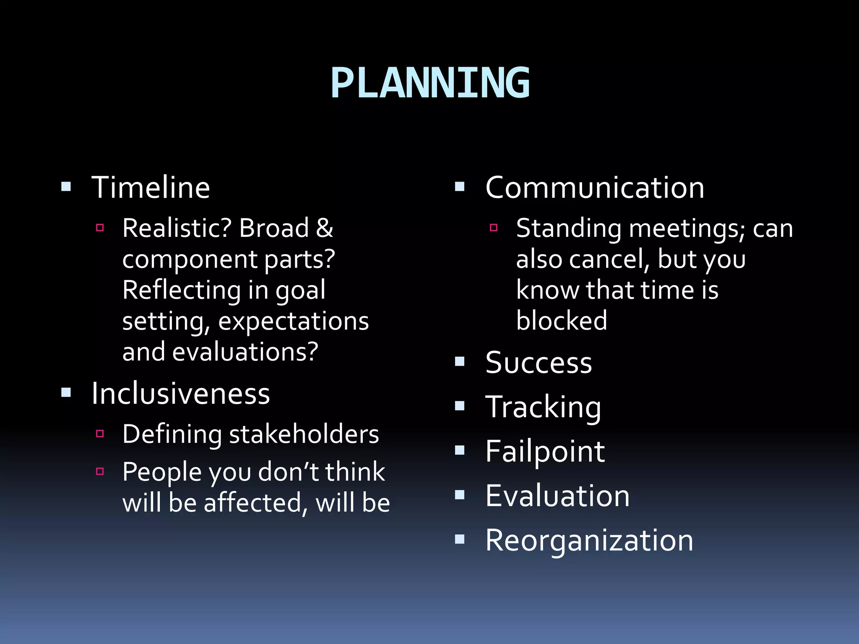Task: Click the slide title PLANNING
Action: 430,83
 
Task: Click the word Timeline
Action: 151,187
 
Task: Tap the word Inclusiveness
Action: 181,394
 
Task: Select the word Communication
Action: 595,187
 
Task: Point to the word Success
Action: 539,362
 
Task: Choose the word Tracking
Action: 543,407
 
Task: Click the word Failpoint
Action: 545,452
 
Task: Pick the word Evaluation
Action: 557,496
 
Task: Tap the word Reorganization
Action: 589,540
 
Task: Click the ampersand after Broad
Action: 325,229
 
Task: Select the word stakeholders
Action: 304,434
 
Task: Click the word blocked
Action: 562,321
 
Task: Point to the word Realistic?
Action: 177,229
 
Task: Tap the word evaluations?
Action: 245,352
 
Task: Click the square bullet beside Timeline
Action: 66,187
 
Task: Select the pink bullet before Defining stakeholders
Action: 100,434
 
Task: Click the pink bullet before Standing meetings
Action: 494,228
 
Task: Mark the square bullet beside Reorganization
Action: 460,539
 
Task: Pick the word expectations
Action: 293,321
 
